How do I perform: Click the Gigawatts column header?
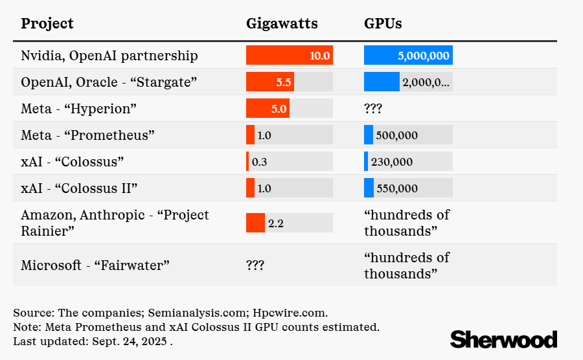pyautogui.click(x=282, y=24)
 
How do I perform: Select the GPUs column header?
pyautogui.click(x=383, y=24)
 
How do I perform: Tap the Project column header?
pyautogui.click(x=47, y=24)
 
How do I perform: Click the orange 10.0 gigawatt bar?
pyautogui.click(x=289, y=55)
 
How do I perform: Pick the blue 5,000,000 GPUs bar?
pyautogui.click(x=408, y=55)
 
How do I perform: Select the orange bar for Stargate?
pyautogui.click(x=269, y=82)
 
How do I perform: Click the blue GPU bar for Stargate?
pyautogui.click(x=382, y=82)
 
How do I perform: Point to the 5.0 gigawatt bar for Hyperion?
pyautogui.click(x=268, y=108)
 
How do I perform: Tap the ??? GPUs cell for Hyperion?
pyautogui.click(x=373, y=108)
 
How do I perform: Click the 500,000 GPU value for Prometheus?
pyautogui.click(x=396, y=135)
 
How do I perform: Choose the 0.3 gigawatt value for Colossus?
pyautogui.click(x=259, y=161)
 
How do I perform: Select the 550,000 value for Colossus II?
pyautogui.click(x=396, y=188)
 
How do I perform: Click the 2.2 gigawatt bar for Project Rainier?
pyautogui.click(x=255, y=223)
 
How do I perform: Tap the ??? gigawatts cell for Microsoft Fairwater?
pyautogui.click(x=255, y=265)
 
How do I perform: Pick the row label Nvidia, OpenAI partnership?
pyautogui.click(x=109, y=55)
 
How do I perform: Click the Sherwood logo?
pyautogui.click(x=503, y=339)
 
